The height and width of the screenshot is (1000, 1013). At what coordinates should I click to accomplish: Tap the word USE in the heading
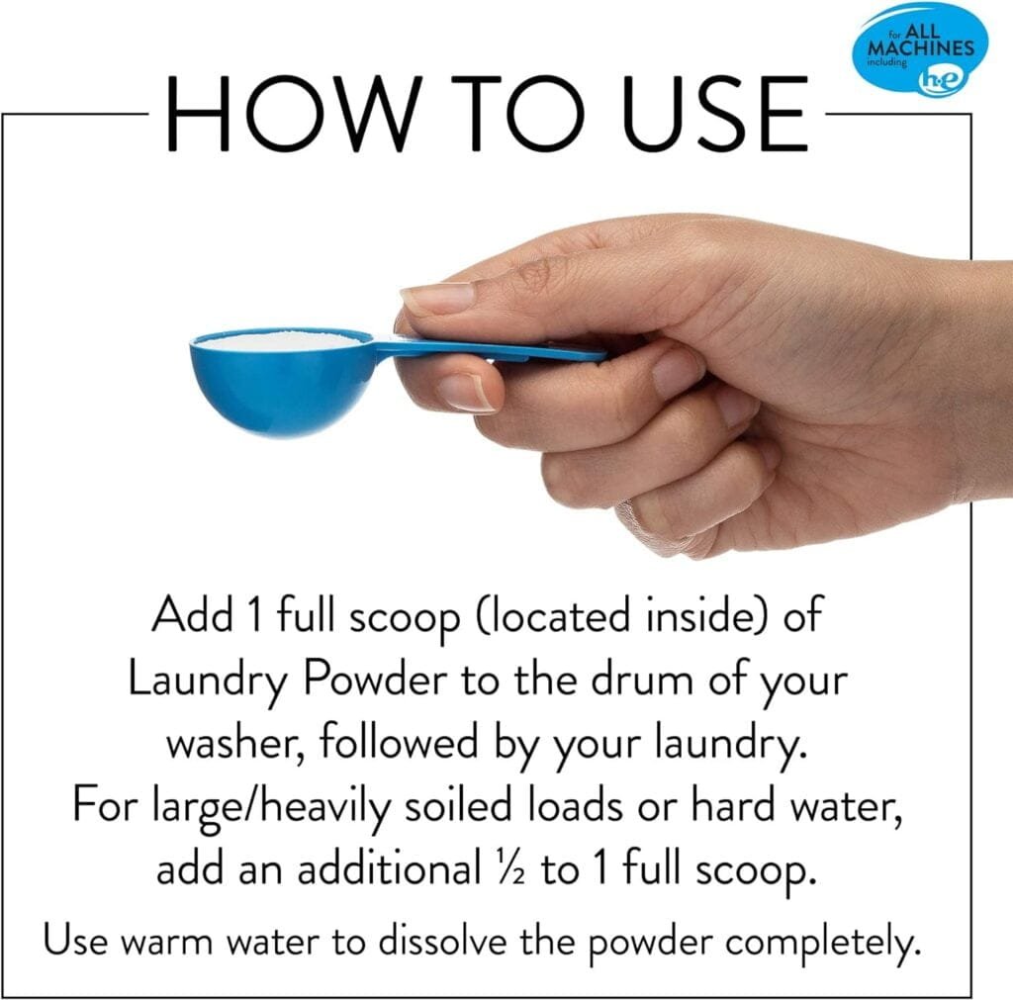[714, 114]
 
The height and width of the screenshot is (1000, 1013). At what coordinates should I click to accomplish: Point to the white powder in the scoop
[282, 339]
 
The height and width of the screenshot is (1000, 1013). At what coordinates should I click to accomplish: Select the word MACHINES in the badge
[921, 47]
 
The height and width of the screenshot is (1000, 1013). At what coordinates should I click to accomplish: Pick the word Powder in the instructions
[375, 680]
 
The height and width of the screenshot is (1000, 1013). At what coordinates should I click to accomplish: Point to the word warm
[167, 942]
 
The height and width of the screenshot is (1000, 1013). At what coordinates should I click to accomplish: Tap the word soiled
[457, 805]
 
